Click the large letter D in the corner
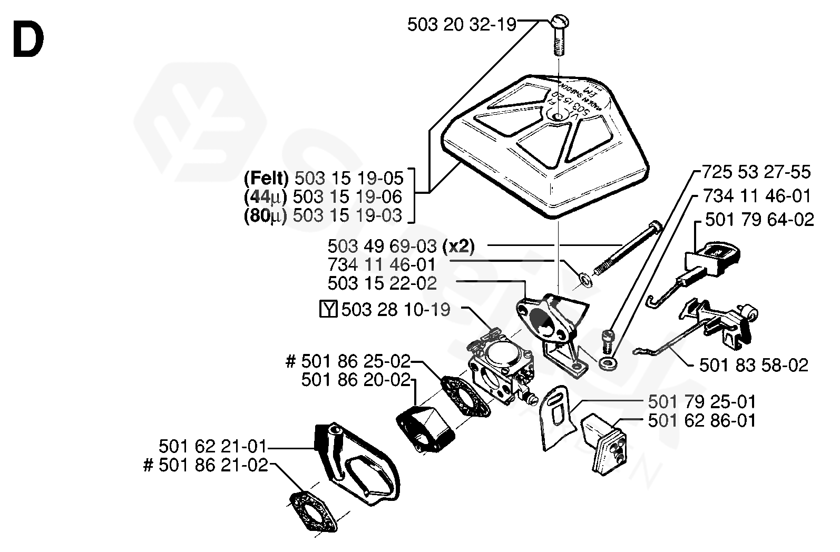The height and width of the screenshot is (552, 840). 28,42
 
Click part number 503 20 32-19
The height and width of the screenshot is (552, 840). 462,25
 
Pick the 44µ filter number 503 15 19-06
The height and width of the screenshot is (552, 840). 347,197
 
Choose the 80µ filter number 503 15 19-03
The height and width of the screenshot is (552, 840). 347,215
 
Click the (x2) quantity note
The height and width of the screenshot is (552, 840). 458,246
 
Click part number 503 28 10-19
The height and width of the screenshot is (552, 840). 395,309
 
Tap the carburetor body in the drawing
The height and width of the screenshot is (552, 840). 501,369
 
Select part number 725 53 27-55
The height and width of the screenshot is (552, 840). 756,172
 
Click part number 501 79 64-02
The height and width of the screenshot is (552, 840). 759,219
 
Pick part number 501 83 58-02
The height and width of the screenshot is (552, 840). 754,365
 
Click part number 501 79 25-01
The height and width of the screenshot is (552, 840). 702,402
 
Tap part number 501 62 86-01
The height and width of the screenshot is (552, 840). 702,420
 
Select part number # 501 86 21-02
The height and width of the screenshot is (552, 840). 206,466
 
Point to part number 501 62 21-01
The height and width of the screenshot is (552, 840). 213,447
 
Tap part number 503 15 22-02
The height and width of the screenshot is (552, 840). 382,283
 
